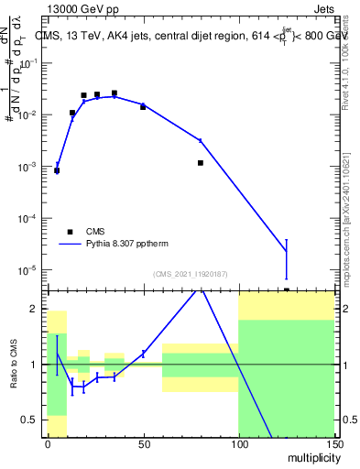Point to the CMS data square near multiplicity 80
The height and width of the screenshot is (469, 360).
tap(201, 163)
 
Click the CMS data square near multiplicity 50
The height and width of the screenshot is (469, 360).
tap(143, 107)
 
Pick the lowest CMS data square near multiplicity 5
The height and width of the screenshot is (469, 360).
tap(57, 170)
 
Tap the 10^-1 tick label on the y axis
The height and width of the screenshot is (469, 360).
tap(31, 63)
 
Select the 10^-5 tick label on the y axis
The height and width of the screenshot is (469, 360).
tap(31, 271)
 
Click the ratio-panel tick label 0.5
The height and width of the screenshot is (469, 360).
tap(35, 420)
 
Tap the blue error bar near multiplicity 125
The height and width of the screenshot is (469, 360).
tap(287, 258)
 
